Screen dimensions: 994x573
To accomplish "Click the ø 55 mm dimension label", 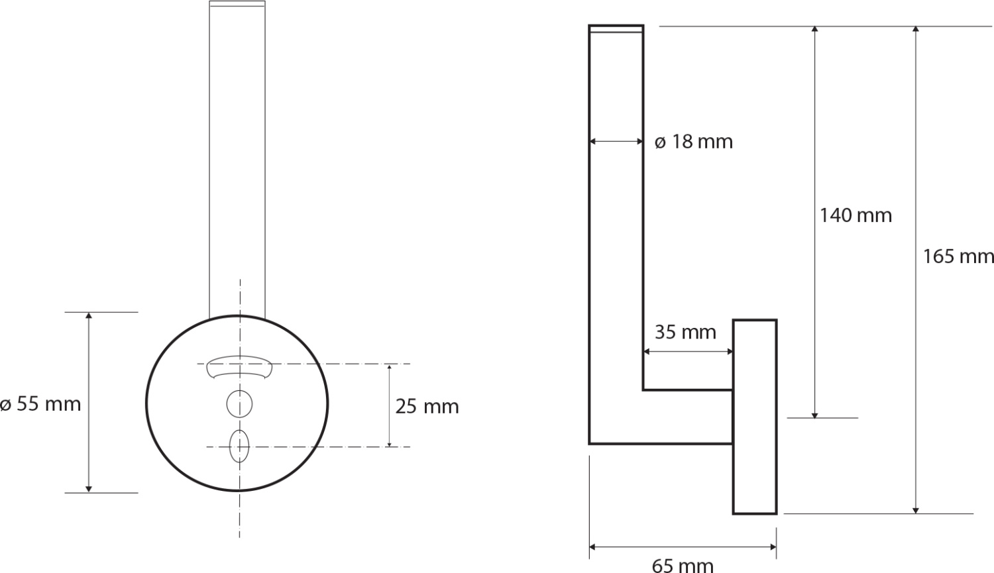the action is (40, 404).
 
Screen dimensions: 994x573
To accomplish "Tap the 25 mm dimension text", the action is (427, 407).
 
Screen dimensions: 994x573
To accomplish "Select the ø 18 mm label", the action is (694, 142).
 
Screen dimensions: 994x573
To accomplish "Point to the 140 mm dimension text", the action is (856, 215).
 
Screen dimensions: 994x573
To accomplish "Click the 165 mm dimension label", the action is (958, 256).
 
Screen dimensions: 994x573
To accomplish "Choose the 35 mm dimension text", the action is (686, 332).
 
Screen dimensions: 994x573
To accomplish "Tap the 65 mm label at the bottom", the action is (683, 566).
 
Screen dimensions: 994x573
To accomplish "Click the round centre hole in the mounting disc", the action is (240, 404).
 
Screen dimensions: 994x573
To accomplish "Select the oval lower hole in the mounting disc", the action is (239, 446).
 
